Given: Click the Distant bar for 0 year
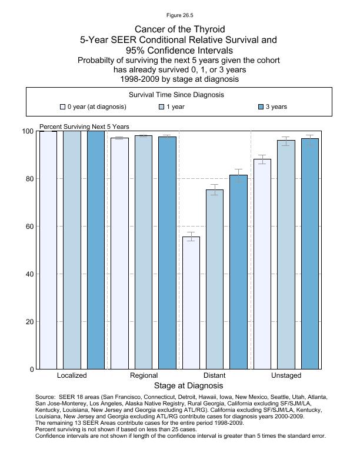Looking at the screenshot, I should point(191,303).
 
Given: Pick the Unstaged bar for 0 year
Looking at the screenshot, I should point(262,264).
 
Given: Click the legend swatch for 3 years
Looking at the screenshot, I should point(261,107).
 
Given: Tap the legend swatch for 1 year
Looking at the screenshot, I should point(162,107).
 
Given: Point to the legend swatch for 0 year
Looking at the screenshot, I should point(63,107).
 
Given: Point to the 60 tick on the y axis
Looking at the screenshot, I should point(36,227).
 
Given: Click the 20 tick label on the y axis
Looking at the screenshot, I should point(28,322).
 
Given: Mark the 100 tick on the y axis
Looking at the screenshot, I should point(36,131).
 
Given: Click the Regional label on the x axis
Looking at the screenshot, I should point(144,375).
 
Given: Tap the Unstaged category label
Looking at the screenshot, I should point(286,375).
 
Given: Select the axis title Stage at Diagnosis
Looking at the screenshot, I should point(188,386).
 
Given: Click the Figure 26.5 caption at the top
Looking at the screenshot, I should point(179,16).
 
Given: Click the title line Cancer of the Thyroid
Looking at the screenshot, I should point(179,29).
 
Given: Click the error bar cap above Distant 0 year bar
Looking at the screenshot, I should point(191,232).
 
